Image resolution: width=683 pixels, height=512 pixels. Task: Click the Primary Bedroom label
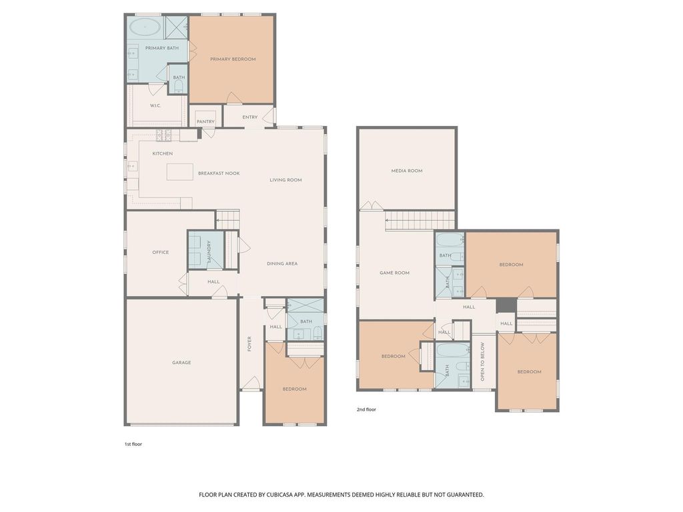coord(233,59)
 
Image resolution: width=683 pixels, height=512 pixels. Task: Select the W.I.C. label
coord(155,105)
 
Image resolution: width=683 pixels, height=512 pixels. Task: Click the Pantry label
coord(205,121)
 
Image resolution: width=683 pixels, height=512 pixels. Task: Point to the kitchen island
coord(180,171)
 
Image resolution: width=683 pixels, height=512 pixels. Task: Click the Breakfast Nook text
coord(219,173)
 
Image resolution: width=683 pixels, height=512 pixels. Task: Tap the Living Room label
coord(285,180)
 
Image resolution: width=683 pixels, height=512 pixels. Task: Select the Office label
coord(160,252)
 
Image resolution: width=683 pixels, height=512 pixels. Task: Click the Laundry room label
coord(209,251)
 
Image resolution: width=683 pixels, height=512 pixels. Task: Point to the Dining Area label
coord(282,263)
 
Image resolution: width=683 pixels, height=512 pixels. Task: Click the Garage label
coord(181,362)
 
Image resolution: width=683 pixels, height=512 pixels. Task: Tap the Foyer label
coord(249,344)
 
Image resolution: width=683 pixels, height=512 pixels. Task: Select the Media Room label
coord(407,171)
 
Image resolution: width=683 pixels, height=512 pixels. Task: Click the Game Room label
coord(394,273)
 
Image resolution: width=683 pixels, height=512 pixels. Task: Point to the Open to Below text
coord(482,362)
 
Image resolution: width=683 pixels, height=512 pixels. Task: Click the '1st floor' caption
coord(133,444)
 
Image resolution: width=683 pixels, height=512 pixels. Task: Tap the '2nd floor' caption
coord(366,409)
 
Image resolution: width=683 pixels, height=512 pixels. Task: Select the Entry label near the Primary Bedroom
coord(250,117)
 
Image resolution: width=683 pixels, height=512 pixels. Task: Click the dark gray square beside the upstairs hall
coord(506,305)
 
